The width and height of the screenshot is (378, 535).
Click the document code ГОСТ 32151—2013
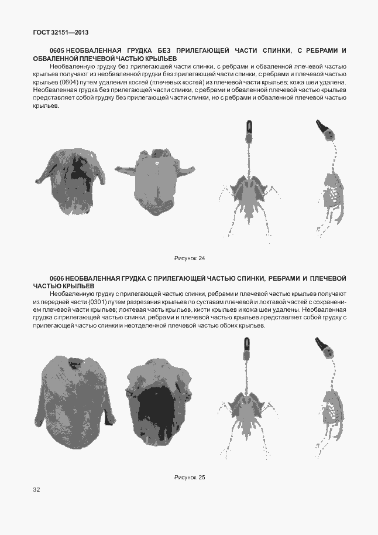56,32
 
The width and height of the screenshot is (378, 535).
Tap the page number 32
37,489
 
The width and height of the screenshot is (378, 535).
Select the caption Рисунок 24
190,258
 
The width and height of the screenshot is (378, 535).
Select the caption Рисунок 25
190,477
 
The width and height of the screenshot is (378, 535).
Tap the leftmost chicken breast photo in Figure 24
70,176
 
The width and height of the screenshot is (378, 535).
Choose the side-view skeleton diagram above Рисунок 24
331,182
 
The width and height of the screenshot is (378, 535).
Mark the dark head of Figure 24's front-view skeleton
249,128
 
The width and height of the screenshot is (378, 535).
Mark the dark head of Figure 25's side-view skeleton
323,346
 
